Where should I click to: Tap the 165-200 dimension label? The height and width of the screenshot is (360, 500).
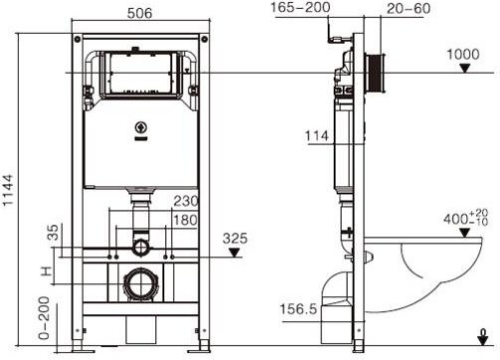point(300,9)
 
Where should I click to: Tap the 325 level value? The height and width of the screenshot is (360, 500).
point(236,240)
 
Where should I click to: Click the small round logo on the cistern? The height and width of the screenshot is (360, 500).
point(140,126)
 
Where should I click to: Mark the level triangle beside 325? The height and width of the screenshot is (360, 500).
point(235,253)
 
